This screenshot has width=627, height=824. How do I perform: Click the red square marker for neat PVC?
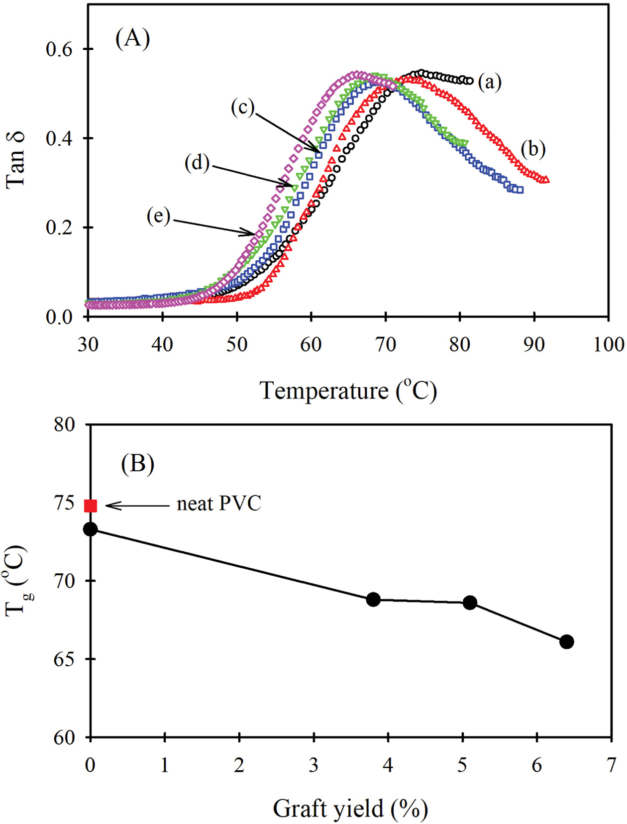tap(91, 506)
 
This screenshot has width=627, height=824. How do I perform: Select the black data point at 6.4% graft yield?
tap(566, 642)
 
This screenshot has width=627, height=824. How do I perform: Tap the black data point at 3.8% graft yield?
tap(373, 600)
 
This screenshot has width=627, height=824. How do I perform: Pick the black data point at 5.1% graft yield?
tap(470, 603)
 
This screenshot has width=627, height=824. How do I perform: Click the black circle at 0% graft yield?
tap(91, 529)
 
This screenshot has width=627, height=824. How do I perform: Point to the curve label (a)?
tap(490, 82)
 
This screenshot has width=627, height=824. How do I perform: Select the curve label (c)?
tap(243, 107)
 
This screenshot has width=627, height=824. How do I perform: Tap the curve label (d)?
tap(197, 163)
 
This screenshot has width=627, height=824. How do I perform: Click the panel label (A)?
tap(132, 38)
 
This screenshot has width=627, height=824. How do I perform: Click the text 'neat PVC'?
tap(219, 504)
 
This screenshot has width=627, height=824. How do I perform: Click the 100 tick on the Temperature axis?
tap(608, 344)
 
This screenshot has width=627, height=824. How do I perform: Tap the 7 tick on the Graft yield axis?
tap(611, 765)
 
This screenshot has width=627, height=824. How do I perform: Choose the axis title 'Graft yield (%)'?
tap(350, 809)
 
